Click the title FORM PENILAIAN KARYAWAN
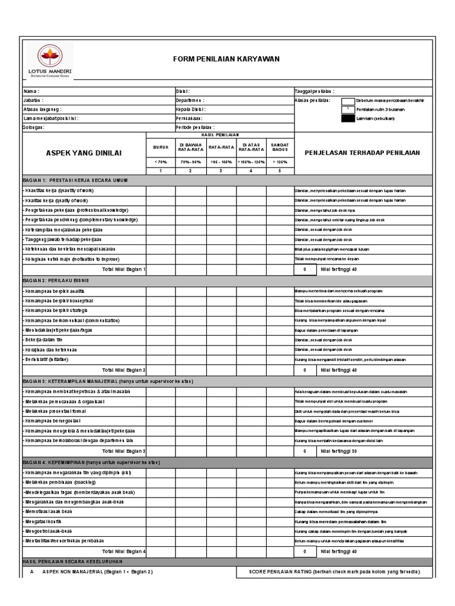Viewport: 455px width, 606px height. [222, 59]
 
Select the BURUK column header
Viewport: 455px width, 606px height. [161, 147]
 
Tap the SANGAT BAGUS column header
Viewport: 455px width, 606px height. [280, 147]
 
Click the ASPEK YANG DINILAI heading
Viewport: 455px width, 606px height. [84, 153]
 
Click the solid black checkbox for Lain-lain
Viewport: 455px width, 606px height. [348, 118]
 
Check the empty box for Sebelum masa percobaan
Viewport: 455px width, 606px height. [348, 101]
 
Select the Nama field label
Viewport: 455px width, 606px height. [31, 92]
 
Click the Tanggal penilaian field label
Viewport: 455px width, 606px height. [314, 92]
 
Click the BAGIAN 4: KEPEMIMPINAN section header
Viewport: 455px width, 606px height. [92, 462]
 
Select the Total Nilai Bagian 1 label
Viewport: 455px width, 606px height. [124, 269]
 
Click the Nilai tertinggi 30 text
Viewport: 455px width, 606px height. [338, 451]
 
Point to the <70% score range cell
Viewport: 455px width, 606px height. [161, 162]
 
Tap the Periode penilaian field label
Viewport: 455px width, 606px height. [195, 127]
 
